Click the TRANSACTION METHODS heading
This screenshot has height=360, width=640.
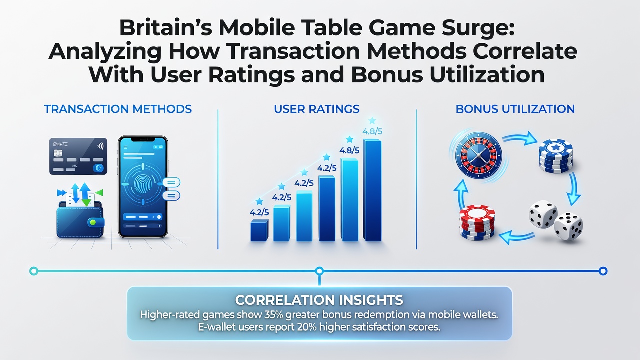pyautogui.click(x=118, y=109)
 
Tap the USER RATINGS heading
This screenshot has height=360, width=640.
pyautogui.click(x=317, y=109)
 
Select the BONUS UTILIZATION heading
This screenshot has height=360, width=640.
pyautogui.click(x=515, y=109)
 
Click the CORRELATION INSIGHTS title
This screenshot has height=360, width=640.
pyautogui.click(x=319, y=300)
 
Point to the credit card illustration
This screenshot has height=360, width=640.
pyautogui.click(x=78, y=156)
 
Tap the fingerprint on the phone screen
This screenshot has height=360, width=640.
pyautogui.click(x=142, y=184)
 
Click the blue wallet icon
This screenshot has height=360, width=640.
pyautogui.click(x=80, y=219)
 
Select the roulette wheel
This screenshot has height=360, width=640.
pyautogui.click(x=478, y=155)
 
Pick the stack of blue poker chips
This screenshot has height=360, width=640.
pyautogui.click(x=555, y=156)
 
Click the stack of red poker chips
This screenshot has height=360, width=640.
pyautogui.click(x=477, y=222)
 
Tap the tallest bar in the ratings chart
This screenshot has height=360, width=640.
pyautogui.click(x=372, y=190)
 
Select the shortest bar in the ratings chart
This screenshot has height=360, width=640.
pyautogui.click(x=259, y=230)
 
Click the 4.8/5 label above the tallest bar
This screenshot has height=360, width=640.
pyautogui.click(x=372, y=131)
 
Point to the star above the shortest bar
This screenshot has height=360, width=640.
pyautogui.click(x=259, y=201)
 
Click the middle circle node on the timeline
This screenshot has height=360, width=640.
pyautogui.click(x=319, y=271)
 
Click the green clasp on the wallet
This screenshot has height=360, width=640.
pyautogui.click(x=92, y=222)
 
